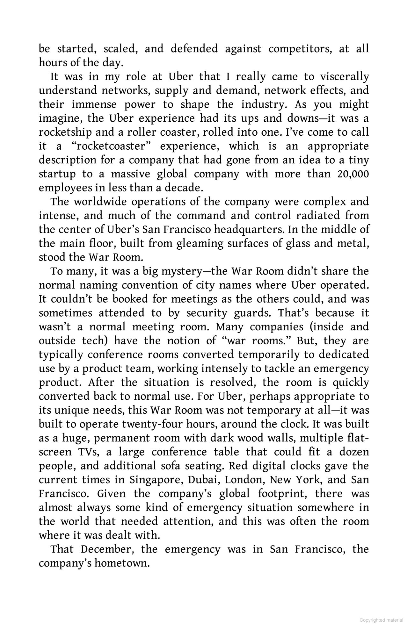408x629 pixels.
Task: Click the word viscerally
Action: click(x=344, y=77)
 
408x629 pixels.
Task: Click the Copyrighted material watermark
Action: click(x=381, y=620)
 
